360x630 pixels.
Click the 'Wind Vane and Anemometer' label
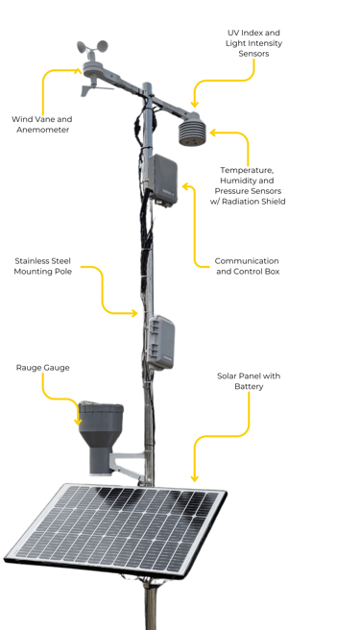point(42,125)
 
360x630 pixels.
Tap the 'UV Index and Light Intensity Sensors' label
point(253,43)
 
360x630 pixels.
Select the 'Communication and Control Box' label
point(248,266)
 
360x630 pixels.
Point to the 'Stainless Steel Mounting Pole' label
point(43,266)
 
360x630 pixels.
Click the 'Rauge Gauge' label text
point(42,368)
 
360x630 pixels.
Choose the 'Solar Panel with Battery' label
point(249,381)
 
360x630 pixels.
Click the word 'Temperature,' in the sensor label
point(247,170)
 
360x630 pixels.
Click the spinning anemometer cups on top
point(92,47)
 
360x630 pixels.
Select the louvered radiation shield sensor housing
point(192,130)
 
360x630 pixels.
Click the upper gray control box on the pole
point(163,180)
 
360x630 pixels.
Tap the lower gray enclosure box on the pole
point(160,342)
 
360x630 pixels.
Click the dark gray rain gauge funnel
point(101,437)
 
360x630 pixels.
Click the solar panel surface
point(116,529)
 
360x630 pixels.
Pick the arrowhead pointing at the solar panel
point(195,478)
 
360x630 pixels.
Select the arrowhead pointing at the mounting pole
point(134,313)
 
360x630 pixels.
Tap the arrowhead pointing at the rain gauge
point(78,422)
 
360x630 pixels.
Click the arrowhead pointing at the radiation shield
point(213,133)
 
